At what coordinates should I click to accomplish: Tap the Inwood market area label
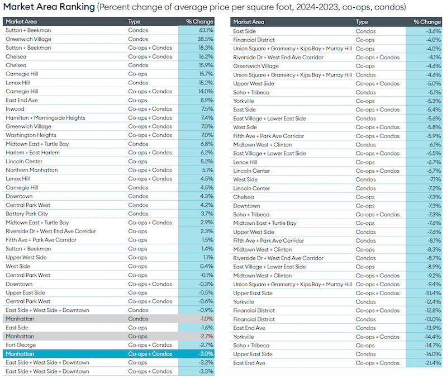(x=15, y=109)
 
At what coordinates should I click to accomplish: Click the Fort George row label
(x=20, y=345)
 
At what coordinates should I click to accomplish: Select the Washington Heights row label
(x=31, y=135)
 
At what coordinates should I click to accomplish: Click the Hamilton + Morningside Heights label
(x=46, y=118)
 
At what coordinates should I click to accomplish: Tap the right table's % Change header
(x=427, y=22)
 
